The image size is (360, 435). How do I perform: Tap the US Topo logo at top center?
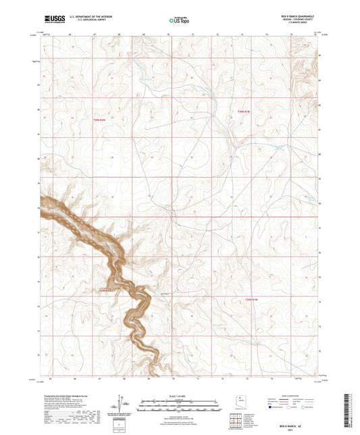[x=180, y=20]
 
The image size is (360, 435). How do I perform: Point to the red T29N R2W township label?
[x=100, y=291]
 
